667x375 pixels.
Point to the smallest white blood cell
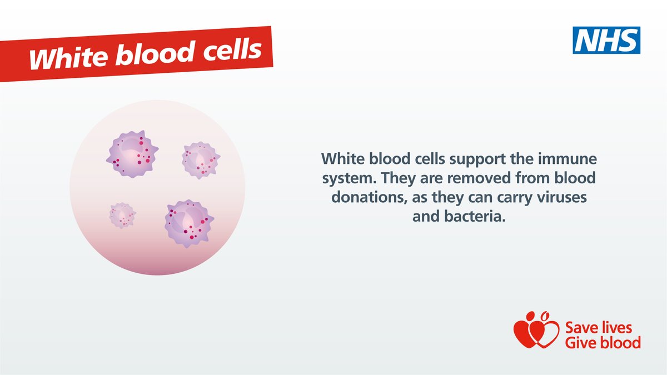point(122,215)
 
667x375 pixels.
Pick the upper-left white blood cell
point(132,154)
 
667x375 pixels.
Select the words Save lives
point(598,327)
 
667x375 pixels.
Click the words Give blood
point(603,342)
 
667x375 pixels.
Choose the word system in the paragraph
point(350,179)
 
